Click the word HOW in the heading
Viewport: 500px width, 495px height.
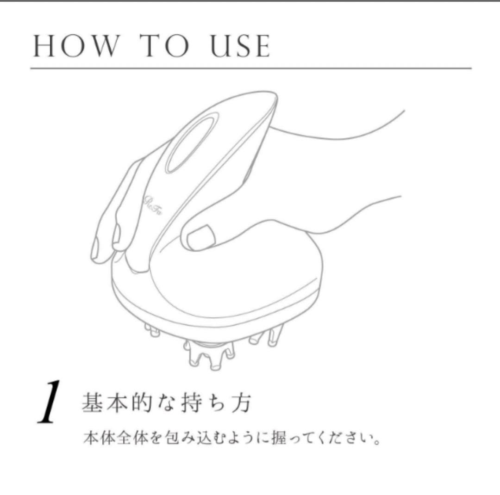[75, 46]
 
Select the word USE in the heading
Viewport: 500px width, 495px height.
[240, 46]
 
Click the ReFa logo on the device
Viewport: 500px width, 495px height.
[153, 205]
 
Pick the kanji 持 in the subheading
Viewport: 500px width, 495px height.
[192, 403]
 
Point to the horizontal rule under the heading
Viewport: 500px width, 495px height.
[251, 68]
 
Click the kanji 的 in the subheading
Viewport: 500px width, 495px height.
[142, 403]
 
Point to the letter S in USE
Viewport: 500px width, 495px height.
[242, 46]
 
